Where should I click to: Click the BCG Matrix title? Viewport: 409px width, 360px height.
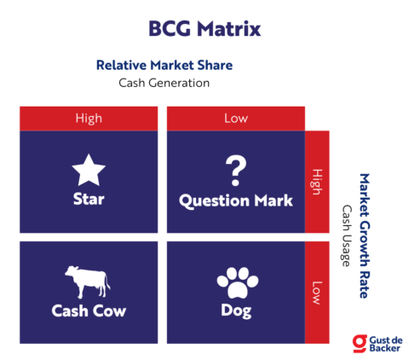[204, 27]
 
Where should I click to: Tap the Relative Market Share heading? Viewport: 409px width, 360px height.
[164, 65]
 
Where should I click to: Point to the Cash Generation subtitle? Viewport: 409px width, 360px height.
[164, 83]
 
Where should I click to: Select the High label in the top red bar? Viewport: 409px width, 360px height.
[89, 118]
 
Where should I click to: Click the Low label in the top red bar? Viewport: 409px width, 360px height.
[235, 118]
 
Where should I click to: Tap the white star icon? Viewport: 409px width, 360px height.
[89, 171]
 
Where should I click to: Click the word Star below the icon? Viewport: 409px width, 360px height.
[89, 200]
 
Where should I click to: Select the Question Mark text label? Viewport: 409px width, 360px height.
[235, 200]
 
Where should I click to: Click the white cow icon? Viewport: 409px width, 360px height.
[88, 281]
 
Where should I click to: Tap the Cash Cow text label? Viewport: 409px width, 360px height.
[89, 311]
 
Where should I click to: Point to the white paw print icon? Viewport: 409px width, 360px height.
[235, 281]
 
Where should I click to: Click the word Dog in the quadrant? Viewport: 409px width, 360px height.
[235, 311]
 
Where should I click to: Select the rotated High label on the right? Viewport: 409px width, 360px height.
[317, 181]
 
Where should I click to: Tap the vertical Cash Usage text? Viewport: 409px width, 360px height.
[347, 235]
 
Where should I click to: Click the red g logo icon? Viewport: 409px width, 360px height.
[360, 343]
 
